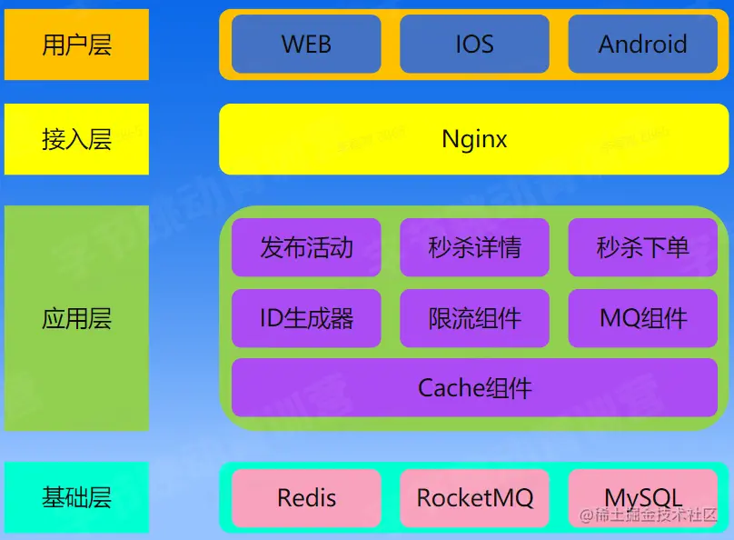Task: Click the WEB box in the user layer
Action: pos(306,44)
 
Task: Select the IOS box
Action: pos(474,44)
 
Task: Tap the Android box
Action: pos(642,44)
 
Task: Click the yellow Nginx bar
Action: pos(474,139)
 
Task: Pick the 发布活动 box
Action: pos(306,247)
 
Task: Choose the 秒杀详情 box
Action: pos(474,247)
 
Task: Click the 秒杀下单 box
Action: pos(642,247)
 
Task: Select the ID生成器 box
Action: pos(306,318)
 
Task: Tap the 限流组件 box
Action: pos(474,318)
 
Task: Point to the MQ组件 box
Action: pos(642,318)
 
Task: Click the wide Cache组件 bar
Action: pos(474,388)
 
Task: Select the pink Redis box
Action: pos(306,498)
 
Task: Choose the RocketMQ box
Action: pos(474,498)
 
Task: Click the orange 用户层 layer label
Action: pos(76,45)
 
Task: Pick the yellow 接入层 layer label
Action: pos(76,139)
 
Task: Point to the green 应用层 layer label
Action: pos(76,318)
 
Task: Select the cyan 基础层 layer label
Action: pos(76,497)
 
